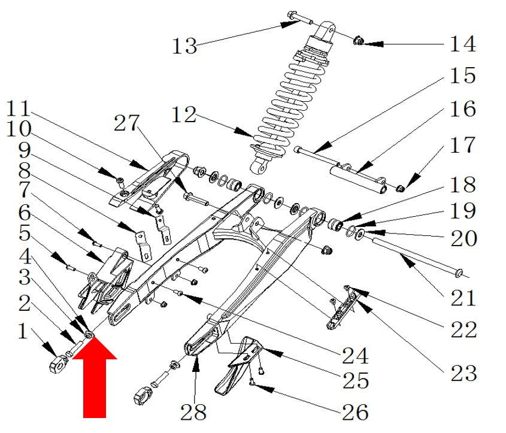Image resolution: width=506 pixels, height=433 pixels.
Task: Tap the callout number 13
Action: (184, 46)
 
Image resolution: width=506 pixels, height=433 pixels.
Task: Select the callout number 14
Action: (463, 44)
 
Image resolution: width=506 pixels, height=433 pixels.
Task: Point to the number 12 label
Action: (184, 114)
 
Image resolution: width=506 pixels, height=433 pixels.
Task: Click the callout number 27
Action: (126, 123)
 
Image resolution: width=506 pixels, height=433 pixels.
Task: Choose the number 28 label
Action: (193, 412)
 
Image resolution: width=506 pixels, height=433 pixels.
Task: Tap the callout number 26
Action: (355, 412)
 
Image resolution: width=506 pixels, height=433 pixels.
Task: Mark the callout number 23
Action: (463, 373)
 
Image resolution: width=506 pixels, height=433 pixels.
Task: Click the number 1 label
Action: (23, 331)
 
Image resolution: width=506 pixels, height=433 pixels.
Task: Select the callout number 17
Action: (463, 145)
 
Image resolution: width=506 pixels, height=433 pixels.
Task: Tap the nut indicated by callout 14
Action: (358, 41)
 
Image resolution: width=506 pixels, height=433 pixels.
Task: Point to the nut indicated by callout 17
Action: (401, 189)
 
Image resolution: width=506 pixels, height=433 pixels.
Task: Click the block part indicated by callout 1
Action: (58, 364)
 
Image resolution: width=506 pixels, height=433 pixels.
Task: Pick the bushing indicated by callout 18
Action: (335, 224)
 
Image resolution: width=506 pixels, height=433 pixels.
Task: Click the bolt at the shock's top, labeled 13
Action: (299, 18)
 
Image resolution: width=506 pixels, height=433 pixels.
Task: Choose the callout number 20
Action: (463, 238)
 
